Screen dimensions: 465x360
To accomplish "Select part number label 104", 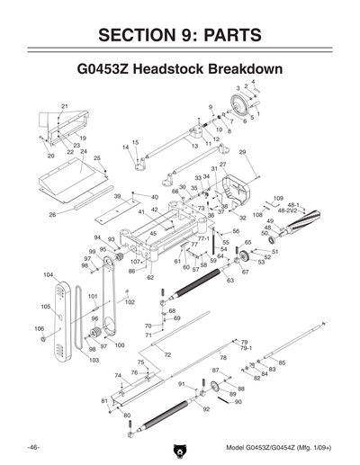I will click(x=48, y=274).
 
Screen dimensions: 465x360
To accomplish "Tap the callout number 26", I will click(x=52, y=215).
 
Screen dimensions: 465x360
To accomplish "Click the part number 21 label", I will click(x=65, y=107).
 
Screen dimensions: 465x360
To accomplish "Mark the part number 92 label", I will click(x=206, y=409).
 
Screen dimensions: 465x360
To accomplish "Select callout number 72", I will click(x=167, y=355).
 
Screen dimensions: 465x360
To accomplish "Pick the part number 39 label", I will click(x=117, y=195).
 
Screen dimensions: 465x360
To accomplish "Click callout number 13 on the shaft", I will click(x=194, y=144).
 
